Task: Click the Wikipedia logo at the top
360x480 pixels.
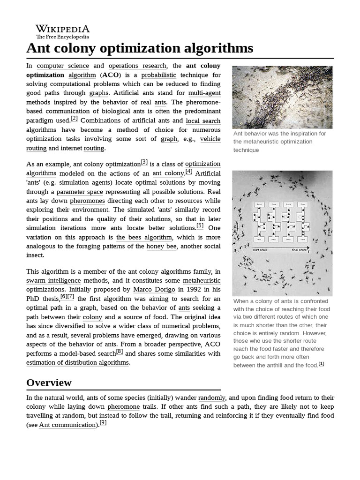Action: [63, 31]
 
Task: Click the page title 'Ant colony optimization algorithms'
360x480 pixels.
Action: [140, 48]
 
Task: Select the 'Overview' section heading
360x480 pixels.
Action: [49, 382]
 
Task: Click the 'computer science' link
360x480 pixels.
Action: [63, 66]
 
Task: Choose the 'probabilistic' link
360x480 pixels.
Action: [159, 75]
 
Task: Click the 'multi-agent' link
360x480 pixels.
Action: [204, 93]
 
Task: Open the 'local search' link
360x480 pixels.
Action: [203, 120]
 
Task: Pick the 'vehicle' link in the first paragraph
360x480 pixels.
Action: [210, 139]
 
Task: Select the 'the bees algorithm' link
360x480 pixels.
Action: [144, 237]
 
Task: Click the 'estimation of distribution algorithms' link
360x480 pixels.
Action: [77, 362]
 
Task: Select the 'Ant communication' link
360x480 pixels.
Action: [67, 425]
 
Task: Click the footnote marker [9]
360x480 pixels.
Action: [103, 423]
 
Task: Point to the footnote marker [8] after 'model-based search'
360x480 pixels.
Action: [120, 352]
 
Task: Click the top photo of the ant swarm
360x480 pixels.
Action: [282, 97]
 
